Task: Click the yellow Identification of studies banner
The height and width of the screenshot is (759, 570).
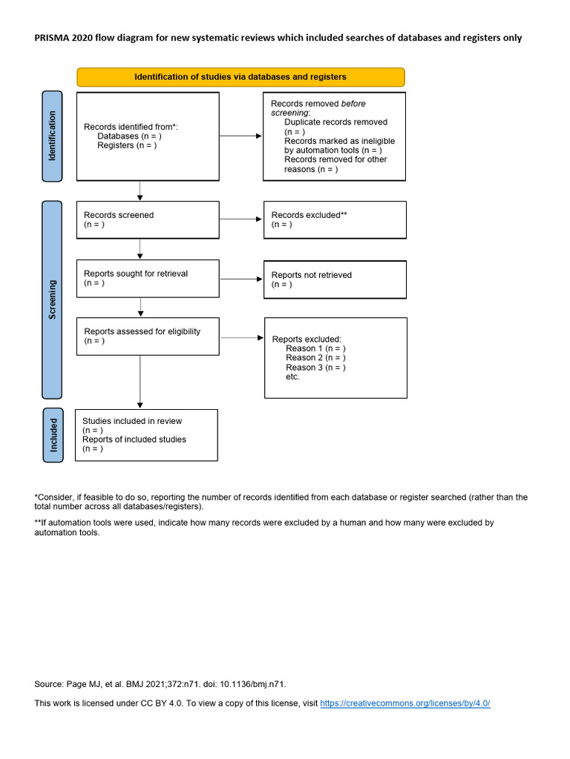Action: pos(240,77)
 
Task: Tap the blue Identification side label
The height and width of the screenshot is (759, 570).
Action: pos(52,136)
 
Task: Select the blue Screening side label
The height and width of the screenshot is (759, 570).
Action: pos(52,299)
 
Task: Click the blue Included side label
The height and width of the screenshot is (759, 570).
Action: pos(53,435)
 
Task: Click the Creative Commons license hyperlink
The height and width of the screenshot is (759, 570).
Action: pos(405,703)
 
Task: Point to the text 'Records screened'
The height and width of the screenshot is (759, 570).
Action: pos(119,215)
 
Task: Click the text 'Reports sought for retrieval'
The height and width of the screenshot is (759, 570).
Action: pos(136,274)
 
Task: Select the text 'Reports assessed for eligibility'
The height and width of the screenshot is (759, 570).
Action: pos(142,331)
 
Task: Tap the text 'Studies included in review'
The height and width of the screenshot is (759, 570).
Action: pos(132,421)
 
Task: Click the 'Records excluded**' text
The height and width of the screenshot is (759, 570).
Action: pos(309,215)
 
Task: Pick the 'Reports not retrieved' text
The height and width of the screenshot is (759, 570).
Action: pos(312,275)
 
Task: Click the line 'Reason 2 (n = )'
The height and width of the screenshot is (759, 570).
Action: pos(315,357)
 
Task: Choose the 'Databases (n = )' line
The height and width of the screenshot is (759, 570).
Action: pos(129,136)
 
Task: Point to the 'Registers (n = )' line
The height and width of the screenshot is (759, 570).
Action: pos(127,145)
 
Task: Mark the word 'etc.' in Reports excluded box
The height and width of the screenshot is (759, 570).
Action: pos(292,377)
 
